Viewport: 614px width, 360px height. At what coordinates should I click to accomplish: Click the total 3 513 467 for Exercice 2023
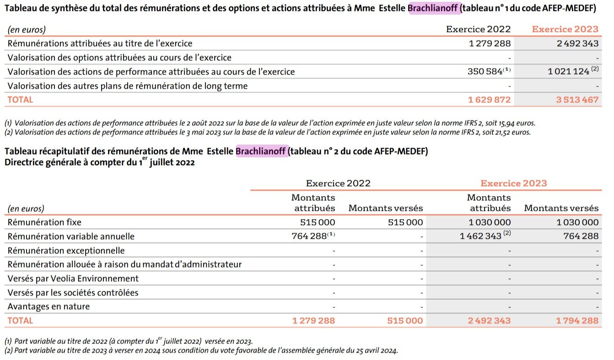point(577,100)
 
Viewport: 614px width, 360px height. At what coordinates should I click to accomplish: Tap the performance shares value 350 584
point(485,72)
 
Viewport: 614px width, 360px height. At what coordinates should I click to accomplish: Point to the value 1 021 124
point(568,72)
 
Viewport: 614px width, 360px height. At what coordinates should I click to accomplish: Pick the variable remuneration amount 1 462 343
point(480,236)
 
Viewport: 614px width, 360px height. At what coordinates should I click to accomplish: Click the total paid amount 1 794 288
point(577,321)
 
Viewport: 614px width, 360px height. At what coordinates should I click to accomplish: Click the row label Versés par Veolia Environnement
point(73,279)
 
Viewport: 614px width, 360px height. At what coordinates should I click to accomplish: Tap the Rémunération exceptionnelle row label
point(66,251)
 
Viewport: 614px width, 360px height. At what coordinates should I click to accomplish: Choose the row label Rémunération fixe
point(44,222)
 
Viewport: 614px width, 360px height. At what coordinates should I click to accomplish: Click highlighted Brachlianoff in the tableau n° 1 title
point(435,8)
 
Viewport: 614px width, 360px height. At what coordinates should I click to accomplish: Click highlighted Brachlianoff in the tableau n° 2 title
point(261,151)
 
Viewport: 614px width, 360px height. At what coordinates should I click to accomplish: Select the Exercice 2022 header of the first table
point(478,29)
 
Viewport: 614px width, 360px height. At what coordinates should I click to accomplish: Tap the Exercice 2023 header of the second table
point(513,183)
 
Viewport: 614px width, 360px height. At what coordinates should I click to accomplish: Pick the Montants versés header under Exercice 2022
point(385,209)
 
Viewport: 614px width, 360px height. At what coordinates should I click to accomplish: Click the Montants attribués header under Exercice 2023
point(489,203)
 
